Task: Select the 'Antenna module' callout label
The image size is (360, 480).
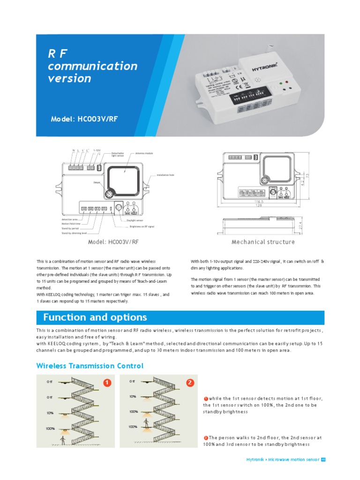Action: pos(144,153)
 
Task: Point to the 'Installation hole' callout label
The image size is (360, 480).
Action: pos(159,175)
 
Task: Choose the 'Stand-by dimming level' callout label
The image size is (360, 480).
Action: pos(74,233)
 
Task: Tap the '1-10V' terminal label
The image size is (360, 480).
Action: pos(97,150)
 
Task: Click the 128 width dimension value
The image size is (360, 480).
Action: pos(258,206)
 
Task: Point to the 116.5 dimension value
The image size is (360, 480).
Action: pos(258,201)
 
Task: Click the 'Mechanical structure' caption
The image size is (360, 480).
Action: pos(263,242)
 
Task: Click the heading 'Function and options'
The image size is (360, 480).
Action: pos(95,317)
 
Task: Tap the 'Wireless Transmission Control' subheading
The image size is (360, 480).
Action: pos(90,366)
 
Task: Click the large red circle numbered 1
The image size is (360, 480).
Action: pos(107,383)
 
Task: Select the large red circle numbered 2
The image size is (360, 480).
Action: pos(190,383)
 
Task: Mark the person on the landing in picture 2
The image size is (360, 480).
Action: pos(147,423)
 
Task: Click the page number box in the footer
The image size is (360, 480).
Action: pos(323,459)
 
